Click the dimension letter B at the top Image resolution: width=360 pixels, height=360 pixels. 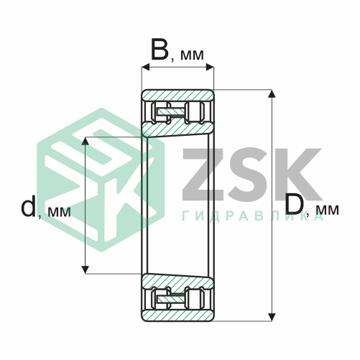(x=160, y=50)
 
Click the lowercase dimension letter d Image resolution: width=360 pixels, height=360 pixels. (x=28, y=206)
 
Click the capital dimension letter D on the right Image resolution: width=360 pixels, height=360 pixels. (x=295, y=205)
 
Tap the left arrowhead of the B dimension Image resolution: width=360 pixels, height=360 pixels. (x=146, y=68)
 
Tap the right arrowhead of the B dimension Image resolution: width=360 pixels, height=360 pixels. (x=210, y=68)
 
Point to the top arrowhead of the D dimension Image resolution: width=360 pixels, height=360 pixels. (x=272, y=94)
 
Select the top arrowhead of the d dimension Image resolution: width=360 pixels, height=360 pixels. (x=86, y=142)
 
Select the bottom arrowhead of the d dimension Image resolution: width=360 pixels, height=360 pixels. (x=86, y=269)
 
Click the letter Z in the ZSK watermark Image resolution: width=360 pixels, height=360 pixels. (x=203, y=174)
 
